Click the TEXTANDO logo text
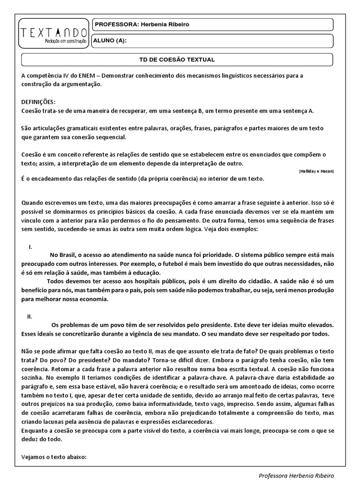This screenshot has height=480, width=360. coord(54,32)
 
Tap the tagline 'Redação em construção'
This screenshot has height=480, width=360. coord(66,41)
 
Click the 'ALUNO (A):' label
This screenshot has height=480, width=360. coord(110,40)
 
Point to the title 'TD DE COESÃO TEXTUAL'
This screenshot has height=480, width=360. coord(177,60)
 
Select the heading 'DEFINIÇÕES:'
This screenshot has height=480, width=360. coord(38,102)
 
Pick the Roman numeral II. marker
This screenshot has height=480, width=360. coord(30,316)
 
